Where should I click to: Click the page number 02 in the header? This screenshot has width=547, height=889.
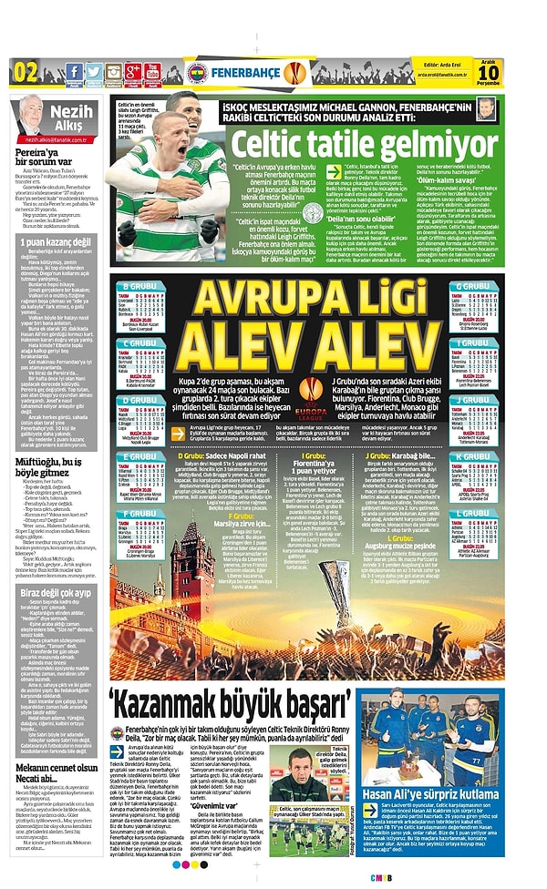[25, 71]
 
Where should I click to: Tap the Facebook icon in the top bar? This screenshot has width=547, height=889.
[74, 71]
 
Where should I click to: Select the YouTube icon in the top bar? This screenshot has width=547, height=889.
[152, 71]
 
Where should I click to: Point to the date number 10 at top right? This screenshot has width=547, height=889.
[515, 73]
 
